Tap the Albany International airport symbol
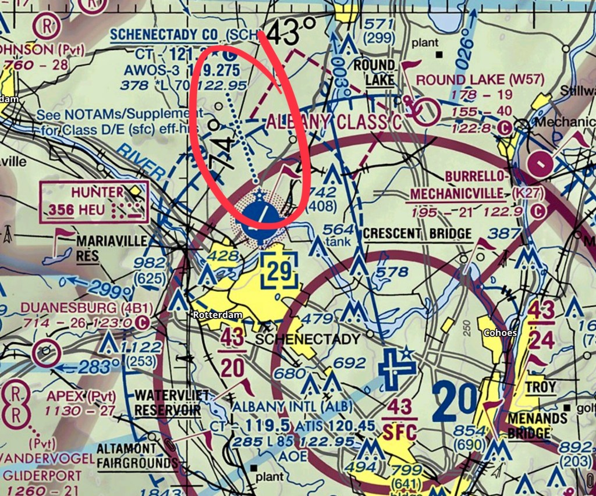(x=396, y=366)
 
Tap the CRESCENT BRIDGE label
(x=417, y=234)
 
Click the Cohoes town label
(x=499, y=333)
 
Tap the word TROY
(x=541, y=387)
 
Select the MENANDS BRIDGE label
(x=529, y=426)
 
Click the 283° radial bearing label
(x=94, y=367)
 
